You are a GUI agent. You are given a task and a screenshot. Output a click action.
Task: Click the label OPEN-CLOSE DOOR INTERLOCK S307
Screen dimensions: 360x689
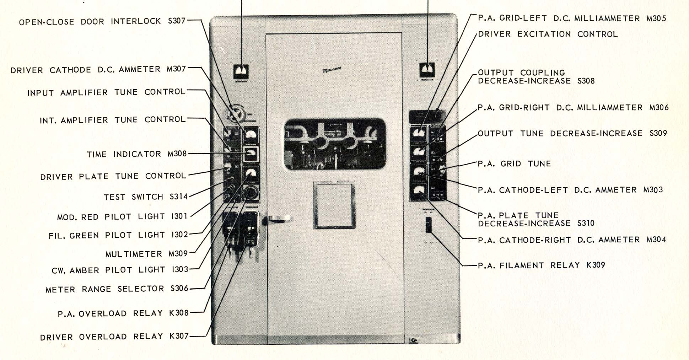coord(102,21)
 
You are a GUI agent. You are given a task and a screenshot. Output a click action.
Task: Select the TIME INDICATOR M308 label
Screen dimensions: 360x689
coord(136,154)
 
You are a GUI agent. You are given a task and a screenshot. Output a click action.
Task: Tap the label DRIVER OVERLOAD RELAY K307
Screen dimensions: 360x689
coord(114,337)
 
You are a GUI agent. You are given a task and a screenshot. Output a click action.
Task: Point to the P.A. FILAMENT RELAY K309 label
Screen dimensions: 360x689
coord(541,265)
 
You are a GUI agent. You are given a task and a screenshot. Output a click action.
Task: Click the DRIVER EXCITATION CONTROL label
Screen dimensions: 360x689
coord(548,34)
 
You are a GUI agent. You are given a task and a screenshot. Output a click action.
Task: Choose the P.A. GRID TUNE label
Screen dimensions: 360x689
coord(514,163)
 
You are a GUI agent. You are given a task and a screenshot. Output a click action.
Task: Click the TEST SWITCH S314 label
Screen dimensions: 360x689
coord(145,197)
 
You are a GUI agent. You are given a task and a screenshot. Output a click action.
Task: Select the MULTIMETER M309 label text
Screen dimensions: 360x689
coord(146,254)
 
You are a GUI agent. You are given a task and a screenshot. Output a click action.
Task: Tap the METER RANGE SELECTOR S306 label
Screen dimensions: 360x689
coord(117,289)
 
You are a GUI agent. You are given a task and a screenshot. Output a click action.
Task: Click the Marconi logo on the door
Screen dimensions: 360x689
coord(332,70)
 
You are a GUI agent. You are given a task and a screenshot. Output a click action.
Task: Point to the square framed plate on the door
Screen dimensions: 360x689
coord(334,205)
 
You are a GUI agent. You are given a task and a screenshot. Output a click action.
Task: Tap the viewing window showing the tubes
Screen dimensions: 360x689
coord(335,144)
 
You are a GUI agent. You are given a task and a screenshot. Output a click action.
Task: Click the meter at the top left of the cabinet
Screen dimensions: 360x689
coord(241,71)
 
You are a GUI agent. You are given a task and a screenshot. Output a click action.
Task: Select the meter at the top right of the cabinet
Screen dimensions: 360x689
coord(427,70)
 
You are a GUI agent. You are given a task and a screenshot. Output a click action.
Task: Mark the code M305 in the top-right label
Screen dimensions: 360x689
coord(656,18)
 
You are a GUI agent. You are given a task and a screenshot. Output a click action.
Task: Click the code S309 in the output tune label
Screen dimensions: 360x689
coord(658,133)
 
